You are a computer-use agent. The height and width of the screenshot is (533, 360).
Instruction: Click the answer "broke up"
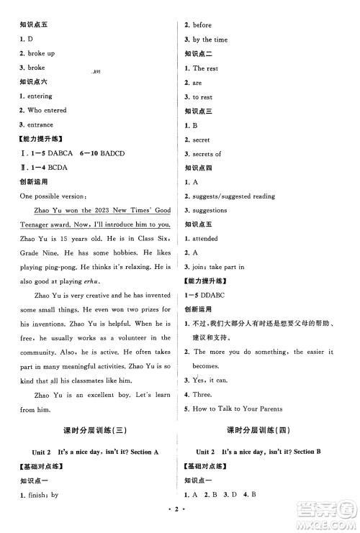pyautogui.click(x=42, y=53)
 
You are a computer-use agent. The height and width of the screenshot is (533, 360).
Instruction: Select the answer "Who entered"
pyautogui.click(x=48, y=110)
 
